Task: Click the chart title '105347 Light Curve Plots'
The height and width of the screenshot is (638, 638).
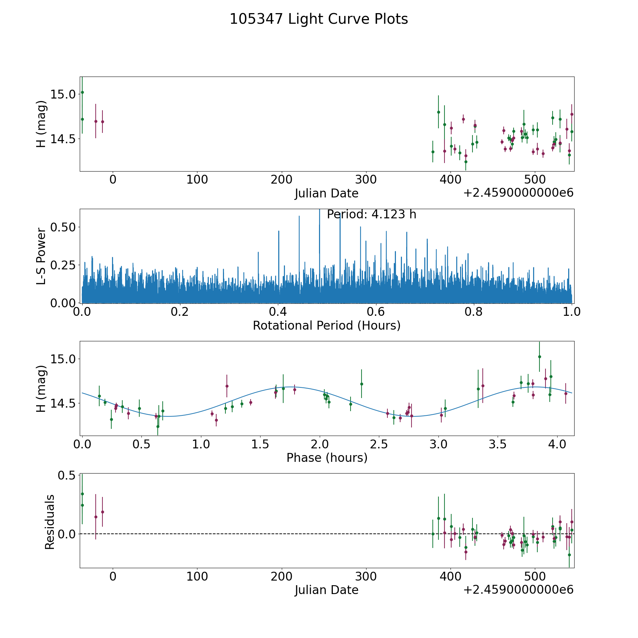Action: pyautogui.click(x=319, y=19)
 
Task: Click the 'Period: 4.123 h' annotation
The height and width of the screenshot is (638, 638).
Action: pyautogui.click(x=371, y=214)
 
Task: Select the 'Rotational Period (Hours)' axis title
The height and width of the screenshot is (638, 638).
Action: pyautogui.click(x=326, y=325)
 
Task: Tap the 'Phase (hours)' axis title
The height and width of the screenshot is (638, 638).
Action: pyautogui.click(x=327, y=458)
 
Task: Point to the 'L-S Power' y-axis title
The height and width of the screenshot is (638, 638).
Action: pyautogui.click(x=41, y=256)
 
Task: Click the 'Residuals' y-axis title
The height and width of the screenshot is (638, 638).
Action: pyautogui.click(x=50, y=522)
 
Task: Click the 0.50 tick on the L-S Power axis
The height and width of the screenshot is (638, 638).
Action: pyautogui.click(x=63, y=227)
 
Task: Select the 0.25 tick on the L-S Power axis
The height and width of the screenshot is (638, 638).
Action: pyautogui.click(x=63, y=265)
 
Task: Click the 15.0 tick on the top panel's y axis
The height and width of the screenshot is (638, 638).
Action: pyautogui.click(x=63, y=94)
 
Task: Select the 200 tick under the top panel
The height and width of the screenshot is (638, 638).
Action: pyautogui.click(x=281, y=179)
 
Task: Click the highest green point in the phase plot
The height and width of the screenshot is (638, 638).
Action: pyautogui.click(x=539, y=357)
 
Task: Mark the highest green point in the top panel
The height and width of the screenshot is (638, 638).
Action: pyautogui.click(x=82, y=92)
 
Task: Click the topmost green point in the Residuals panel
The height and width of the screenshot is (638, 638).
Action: pyautogui.click(x=82, y=494)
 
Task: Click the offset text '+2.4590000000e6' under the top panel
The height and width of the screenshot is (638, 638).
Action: pyautogui.click(x=518, y=193)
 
